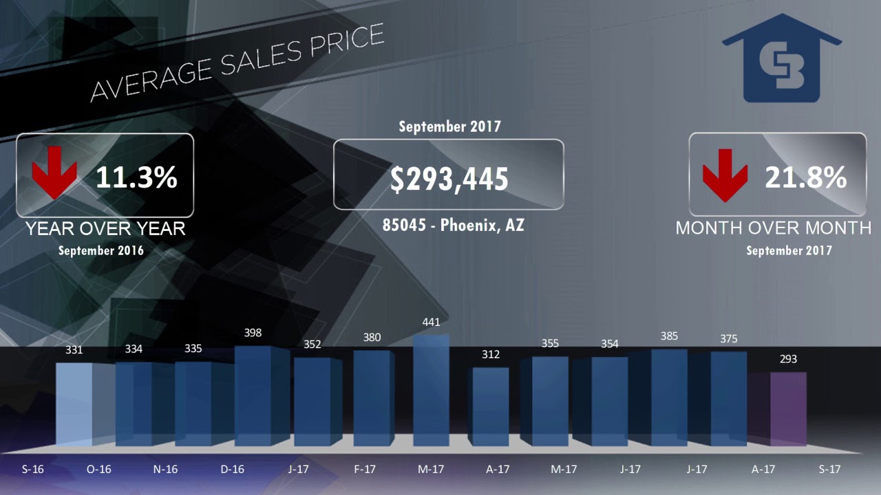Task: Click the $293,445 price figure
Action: [449, 179]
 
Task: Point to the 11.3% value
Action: [136, 177]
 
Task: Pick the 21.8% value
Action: [805, 178]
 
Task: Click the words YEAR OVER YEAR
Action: [105, 229]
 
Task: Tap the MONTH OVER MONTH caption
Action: [774, 228]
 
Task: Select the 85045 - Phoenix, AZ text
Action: [454, 225]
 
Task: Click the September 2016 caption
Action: [101, 250]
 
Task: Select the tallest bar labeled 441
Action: [431, 392]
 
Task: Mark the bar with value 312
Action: [491, 407]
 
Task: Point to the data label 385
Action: [669, 336]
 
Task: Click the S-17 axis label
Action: [829, 470]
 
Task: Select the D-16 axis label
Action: [233, 470]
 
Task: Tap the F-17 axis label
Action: [365, 470]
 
